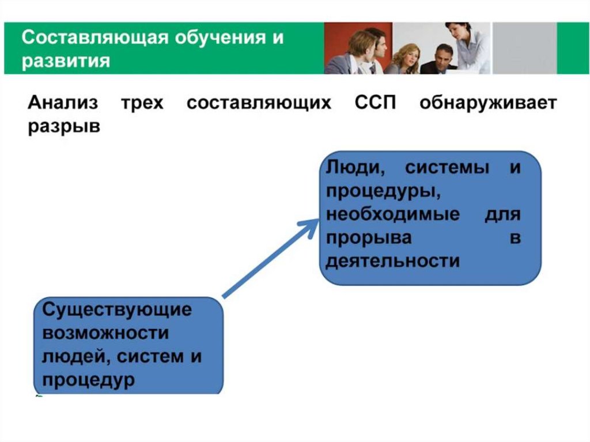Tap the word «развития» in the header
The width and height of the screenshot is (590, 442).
coord(66,61)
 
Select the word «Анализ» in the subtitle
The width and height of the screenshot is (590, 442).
coord(63,103)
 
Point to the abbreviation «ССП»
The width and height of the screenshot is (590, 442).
coord(375,103)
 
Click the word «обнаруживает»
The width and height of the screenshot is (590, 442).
coord(488,103)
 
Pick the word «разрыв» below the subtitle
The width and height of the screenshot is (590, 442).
coord(64,127)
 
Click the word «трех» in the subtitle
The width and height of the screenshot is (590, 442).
coord(142,103)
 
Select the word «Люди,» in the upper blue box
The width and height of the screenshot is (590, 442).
coord(355,167)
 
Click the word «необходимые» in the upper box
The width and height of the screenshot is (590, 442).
coord(393,214)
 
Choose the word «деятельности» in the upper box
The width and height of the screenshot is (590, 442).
coord(393,260)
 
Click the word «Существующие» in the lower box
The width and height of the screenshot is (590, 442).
coord(117,309)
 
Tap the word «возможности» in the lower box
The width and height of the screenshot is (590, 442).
coord(105,334)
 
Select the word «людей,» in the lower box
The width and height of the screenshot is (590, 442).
coord(74,357)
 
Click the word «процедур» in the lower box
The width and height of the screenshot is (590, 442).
coord(88,380)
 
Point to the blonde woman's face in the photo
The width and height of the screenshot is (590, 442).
coord(411,55)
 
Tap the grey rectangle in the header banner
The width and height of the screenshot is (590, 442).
coord(524,48)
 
